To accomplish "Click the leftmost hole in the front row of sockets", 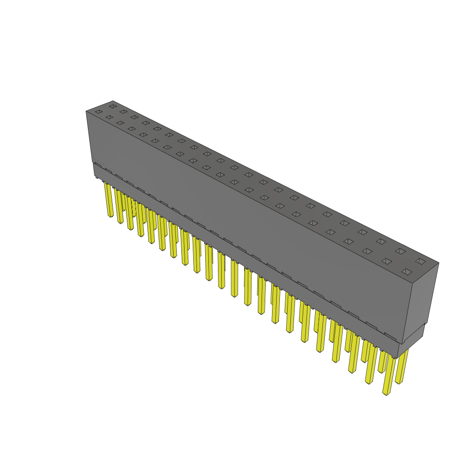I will pyautogui.click(x=98, y=112).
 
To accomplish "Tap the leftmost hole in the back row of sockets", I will pyautogui.click(x=113, y=106).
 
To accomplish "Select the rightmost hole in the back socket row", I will pyautogui.click(x=420, y=261).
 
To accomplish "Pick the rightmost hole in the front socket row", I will pyautogui.click(x=406, y=272).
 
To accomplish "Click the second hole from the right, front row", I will pyautogui.click(x=387, y=262).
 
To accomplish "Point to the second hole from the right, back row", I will pyautogui.click(x=401, y=251).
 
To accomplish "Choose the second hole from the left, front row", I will pyautogui.click(x=109, y=117).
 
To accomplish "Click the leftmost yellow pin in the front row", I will pyautogui.click(x=109, y=200).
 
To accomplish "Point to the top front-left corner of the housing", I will pyautogui.click(x=86, y=111).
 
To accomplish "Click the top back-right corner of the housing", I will pyautogui.click(x=439, y=263).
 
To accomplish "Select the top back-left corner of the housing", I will pyautogui.click(x=113, y=101).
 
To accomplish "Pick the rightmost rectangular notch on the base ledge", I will pyautogui.click(x=390, y=337).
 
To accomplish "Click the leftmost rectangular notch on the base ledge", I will pyautogui.click(x=97, y=164).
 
